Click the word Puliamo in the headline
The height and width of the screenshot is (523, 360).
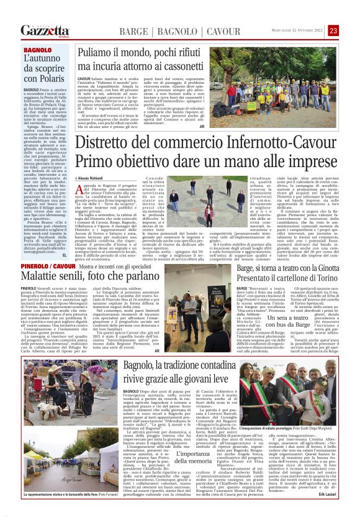96,53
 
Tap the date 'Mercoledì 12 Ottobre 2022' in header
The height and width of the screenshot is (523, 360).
295,30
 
